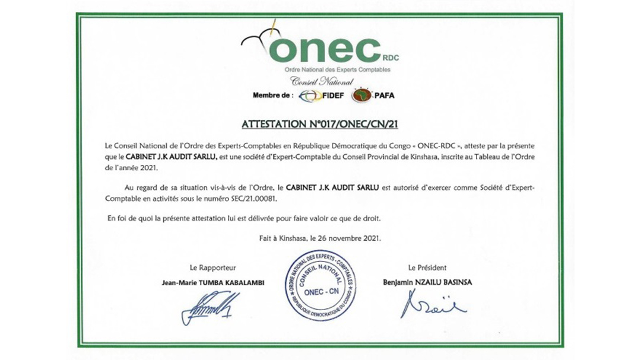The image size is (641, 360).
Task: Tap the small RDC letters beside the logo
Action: [392, 58]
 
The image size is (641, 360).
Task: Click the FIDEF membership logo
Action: [318, 95]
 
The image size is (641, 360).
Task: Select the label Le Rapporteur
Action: [212, 268]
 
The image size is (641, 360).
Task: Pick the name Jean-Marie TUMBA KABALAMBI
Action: [212, 283]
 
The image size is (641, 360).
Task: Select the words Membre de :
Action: [272, 95]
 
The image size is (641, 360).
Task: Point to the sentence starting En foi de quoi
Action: [243, 218]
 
